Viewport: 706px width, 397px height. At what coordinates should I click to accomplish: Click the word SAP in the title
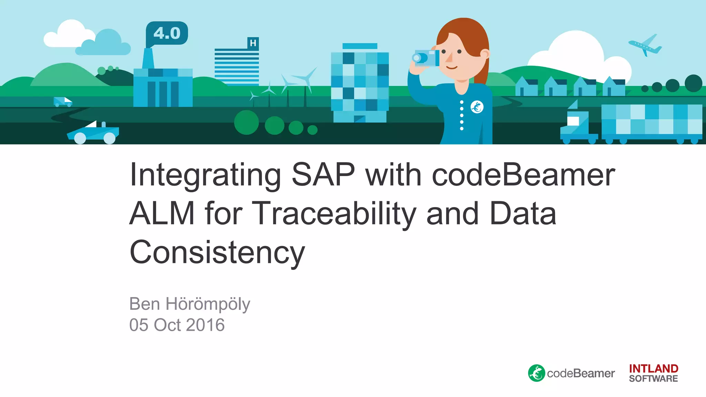[x=323, y=175]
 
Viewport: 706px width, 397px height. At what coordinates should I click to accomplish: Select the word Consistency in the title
[x=217, y=252]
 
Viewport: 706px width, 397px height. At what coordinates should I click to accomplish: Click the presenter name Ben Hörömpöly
[x=190, y=304]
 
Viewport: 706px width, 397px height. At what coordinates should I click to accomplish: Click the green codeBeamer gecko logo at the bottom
[x=536, y=373]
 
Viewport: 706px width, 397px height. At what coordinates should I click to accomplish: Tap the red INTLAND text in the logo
[x=654, y=369]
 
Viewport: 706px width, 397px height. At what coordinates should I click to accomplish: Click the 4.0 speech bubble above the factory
[x=167, y=33]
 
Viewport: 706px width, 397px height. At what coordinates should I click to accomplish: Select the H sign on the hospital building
[x=253, y=43]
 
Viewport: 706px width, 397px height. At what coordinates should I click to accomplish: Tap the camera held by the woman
[x=426, y=58]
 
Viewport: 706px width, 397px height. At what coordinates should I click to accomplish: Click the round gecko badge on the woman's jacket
[x=477, y=107]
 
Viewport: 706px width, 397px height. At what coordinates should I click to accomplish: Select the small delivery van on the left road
[x=62, y=102]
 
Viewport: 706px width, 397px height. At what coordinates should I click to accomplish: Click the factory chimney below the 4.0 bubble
[x=148, y=59]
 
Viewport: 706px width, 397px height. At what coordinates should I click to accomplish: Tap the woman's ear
[x=485, y=54]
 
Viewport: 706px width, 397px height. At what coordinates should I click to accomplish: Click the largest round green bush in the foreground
[x=246, y=122]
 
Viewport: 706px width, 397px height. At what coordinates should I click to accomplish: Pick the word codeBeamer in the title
[x=523, y=175]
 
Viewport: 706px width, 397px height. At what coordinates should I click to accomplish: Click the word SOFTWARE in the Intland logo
[x=654, y=379]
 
